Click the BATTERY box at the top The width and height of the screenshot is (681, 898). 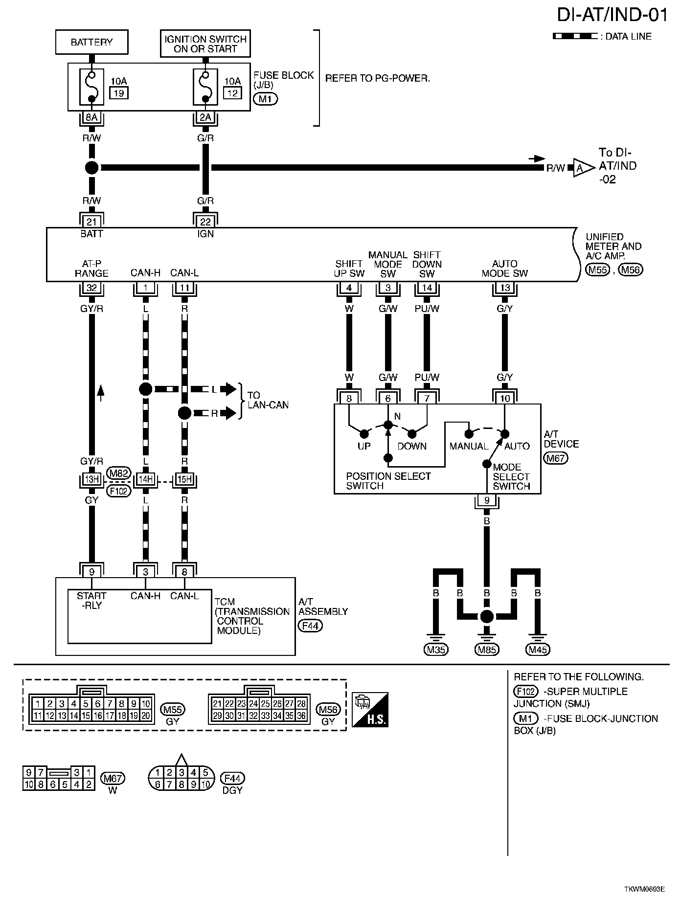(x=91, y=42)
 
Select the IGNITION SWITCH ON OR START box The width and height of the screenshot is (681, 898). (x=205, y=44)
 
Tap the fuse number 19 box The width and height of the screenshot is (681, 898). (x=118, y=92)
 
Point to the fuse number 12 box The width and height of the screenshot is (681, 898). (x=232, y=92)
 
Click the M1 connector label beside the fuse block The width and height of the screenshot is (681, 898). (x=265, y=99)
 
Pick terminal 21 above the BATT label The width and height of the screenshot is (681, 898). (x=91, y=222)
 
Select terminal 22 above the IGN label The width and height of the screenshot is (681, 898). (x=205, y=222)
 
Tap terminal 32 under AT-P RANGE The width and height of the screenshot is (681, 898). (x=91, y=288)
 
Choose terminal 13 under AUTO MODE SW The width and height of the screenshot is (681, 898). (x=505, y=288)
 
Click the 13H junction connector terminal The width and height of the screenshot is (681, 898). (x=91, y=480)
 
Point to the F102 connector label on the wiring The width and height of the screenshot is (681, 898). (x=119, y=490)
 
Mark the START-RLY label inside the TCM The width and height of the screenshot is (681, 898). (x=91, y=600)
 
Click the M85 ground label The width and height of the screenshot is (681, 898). (x=486, y=650)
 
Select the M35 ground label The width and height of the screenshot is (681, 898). (x=435, y=650)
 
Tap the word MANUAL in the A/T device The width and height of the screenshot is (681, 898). (x=469, y=446)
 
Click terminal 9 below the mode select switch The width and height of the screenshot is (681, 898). (x=486, y=500)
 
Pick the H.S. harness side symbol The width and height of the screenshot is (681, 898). (x=370, y=709)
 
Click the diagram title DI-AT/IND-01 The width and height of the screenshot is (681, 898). (x=612, y=15)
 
